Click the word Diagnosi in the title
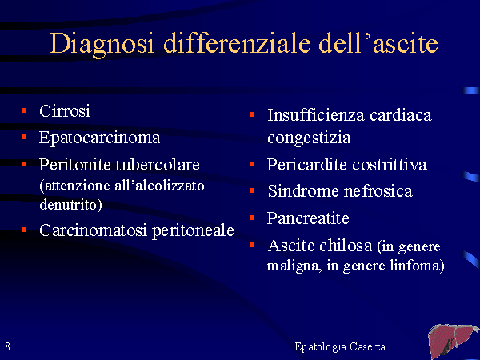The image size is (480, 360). (x=101, y=44)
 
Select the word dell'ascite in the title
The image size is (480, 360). (x=378, y=42)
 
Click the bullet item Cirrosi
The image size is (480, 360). (x=65, y=111)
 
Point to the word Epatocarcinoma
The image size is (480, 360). (x=100, y=138)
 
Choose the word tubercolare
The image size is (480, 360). (x=158, y=165)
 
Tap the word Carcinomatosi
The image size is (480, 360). (x=94, y=230)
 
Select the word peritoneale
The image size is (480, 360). (x=193, y=231)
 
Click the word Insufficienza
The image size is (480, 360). (x=316, y=115)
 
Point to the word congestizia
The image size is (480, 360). (x=309, y=138)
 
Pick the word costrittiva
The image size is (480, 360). (x=390, y=165)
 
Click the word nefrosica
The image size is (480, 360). (x=378, y=191)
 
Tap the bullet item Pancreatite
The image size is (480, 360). (x=308, y=218)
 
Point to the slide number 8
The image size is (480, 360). (x=8, y=346)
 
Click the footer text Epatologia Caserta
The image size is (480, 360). (x=340, y=347)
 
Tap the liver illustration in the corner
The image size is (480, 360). (x=454, y=342)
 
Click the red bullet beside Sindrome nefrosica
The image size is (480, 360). (x=252, y=190)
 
